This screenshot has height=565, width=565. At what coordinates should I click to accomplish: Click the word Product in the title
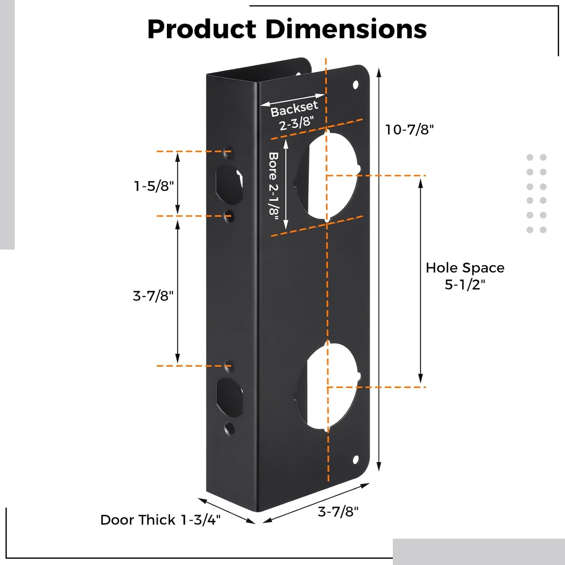tap(202, 29)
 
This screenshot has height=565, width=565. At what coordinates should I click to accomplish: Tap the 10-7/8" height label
tap(409, 130)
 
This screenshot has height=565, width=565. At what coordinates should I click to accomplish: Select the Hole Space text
tap(465, 268)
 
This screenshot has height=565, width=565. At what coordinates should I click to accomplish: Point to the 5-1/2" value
tap(465, 284)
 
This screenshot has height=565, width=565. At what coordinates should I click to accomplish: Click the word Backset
tap(294, 108)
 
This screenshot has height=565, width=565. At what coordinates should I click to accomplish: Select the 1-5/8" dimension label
tap(154, 186)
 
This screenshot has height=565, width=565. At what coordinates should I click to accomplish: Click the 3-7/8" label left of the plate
tap(153, 296)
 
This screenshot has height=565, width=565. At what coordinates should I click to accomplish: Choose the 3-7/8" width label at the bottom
tap(338, 512)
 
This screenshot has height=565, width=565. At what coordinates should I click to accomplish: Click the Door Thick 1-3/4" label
tap(160, 520)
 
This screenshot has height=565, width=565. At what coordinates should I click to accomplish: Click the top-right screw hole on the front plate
tap(355, 84)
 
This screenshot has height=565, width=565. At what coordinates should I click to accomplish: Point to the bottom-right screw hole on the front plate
tap(355, 459)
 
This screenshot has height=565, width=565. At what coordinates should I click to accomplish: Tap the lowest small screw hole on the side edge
tap(229, 428)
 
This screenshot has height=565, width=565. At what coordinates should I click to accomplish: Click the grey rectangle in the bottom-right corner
tap(478, 551)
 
